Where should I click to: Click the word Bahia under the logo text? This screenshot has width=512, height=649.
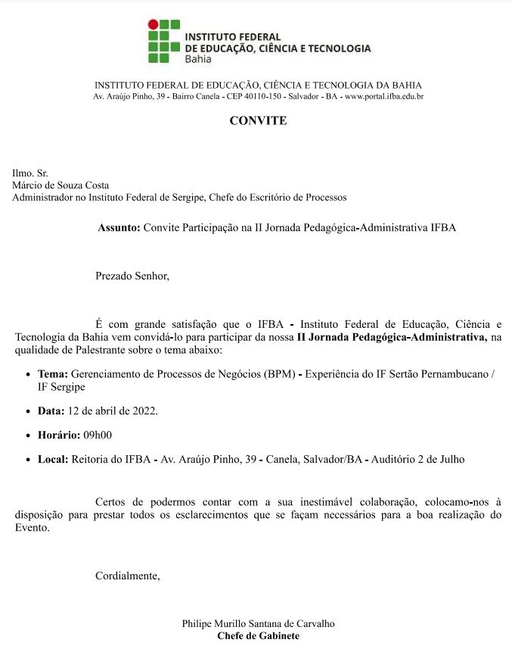198,60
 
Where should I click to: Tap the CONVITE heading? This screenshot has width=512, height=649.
258,120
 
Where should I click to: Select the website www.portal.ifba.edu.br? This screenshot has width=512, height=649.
384,97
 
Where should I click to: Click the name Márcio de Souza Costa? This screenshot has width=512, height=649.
61,186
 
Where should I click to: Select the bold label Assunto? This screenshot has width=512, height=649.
119,227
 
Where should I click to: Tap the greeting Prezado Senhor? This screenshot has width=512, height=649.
132,276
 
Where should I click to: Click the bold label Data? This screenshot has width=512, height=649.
52,410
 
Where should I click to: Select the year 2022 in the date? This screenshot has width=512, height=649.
143,410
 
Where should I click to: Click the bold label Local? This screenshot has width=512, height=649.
53,459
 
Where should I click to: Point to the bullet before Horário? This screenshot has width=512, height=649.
28,435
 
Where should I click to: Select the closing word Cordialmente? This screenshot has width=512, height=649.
128,576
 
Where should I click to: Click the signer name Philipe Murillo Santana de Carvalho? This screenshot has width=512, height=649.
258,623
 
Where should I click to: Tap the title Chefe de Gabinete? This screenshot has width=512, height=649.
258,635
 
